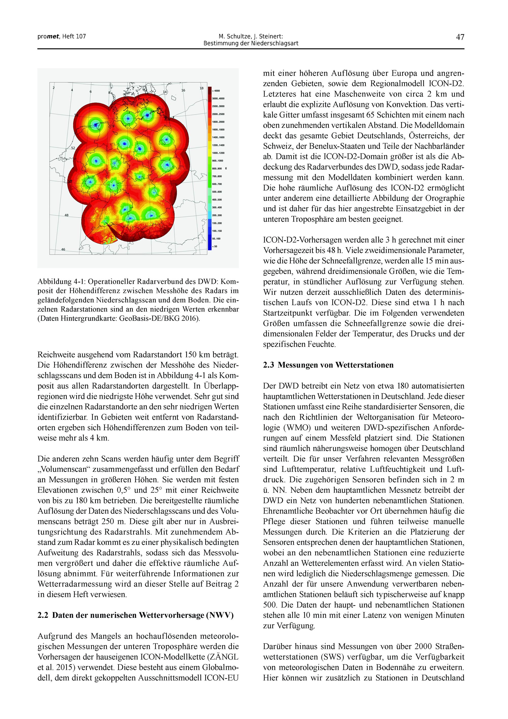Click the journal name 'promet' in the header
48,36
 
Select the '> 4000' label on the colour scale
216,91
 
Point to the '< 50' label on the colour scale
215,246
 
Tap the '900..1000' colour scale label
218,161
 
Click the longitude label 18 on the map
202,88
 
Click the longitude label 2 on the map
54,88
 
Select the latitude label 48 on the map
67,215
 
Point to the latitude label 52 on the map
73,147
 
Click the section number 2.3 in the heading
269,365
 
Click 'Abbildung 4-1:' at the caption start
62,281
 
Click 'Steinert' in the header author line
271,36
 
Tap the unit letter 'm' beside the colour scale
226,169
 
